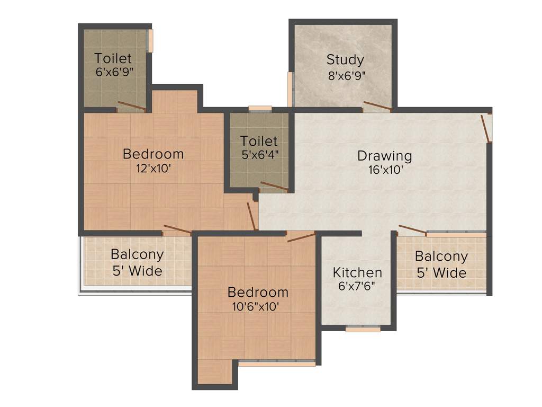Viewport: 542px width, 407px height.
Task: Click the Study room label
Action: coord(345,59)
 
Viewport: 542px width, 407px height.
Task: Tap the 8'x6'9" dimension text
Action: coord(347,75)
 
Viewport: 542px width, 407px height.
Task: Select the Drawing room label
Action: coord(384,156)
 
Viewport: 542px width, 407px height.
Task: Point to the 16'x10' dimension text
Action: coord(386,170)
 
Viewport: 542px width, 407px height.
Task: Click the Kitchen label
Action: coord(357,272)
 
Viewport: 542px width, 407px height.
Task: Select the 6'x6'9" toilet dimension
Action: coord(113,73)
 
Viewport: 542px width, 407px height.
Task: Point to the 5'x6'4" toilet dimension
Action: coord(259,155)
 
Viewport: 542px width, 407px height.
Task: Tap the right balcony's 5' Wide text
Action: coord(441,273)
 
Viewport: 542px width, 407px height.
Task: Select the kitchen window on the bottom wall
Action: coord(363,329)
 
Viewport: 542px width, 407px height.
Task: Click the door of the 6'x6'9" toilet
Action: coord(131,105)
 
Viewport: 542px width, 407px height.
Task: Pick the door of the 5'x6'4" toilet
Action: coord(274,186)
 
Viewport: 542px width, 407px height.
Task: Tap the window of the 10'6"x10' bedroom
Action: coord(276,364)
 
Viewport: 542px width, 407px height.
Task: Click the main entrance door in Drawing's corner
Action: coord(486,128)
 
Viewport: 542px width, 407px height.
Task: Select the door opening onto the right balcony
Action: coord(412,229)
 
